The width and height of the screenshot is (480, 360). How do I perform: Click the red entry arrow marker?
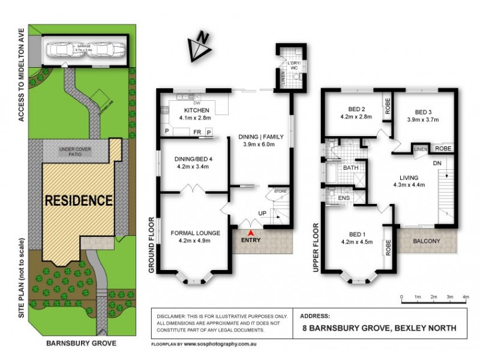tap(251, 233)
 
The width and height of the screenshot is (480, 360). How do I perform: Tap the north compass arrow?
tap(200, 46)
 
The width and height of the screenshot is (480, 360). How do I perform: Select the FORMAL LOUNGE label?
tap(196, 233)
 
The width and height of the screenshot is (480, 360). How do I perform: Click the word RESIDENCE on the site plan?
tap(78, 200)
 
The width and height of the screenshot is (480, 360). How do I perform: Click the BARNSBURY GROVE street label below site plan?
tap(81, 344)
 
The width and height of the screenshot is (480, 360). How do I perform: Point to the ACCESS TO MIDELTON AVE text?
tap(22, 74)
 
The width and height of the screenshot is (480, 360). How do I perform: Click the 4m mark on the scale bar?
tap(466, 297)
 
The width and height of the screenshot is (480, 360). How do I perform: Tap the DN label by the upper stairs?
tap(437, 163)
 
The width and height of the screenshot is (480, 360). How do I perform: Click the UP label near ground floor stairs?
tap(262, 213)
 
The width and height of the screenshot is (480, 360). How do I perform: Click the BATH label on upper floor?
tap(350, 169)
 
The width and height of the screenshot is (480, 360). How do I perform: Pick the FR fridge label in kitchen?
tap(196, 131)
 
